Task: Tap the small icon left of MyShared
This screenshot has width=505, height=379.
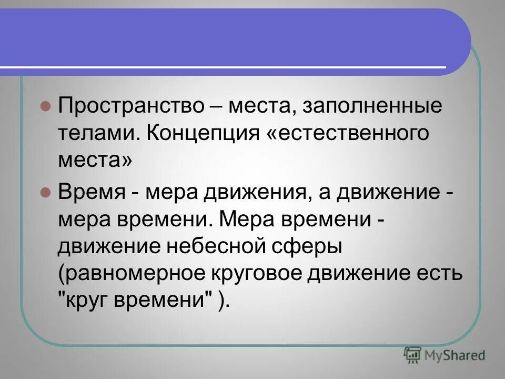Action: (412, 355)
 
